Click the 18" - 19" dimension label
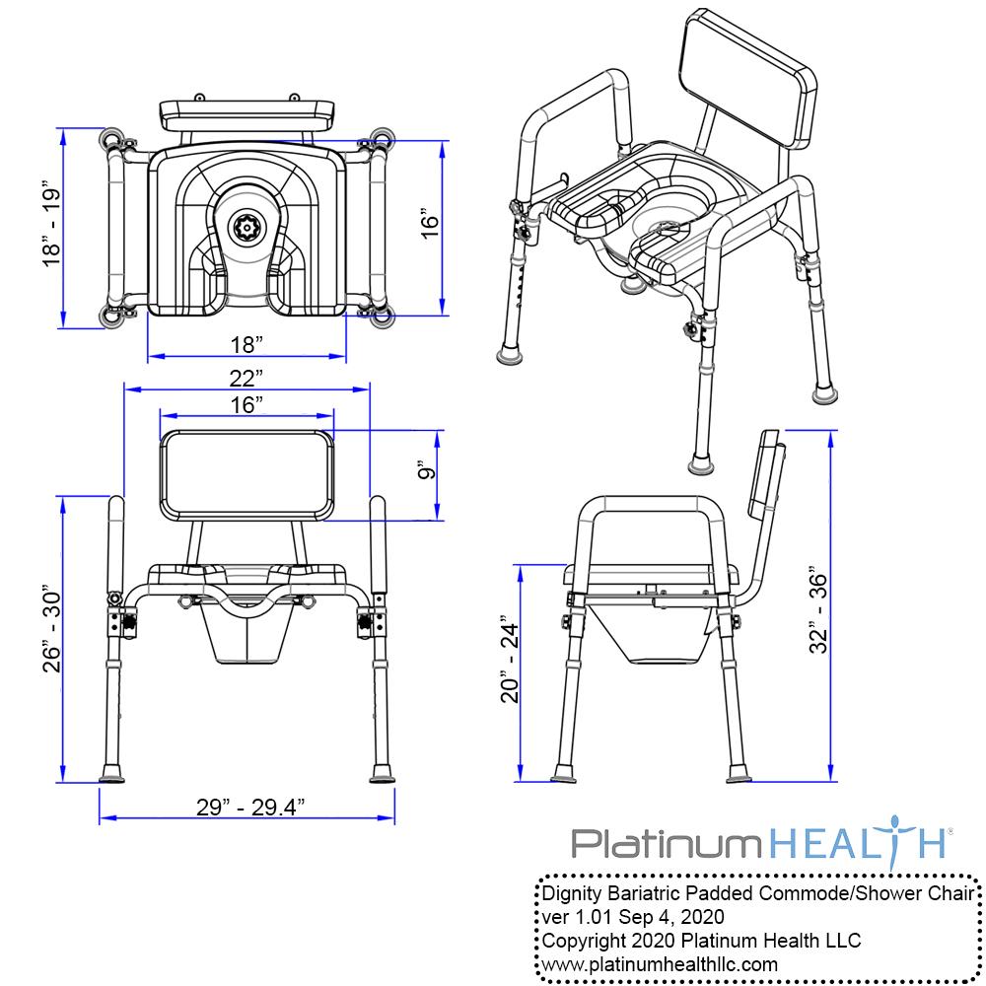tap(52, 225)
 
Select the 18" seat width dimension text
tap(246, 344)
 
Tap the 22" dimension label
tap(246, 377)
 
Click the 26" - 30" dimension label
tap(52, 633)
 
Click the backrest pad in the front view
tap(246, 475)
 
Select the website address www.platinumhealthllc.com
tap(660, 963)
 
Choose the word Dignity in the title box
tap(574, 893)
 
